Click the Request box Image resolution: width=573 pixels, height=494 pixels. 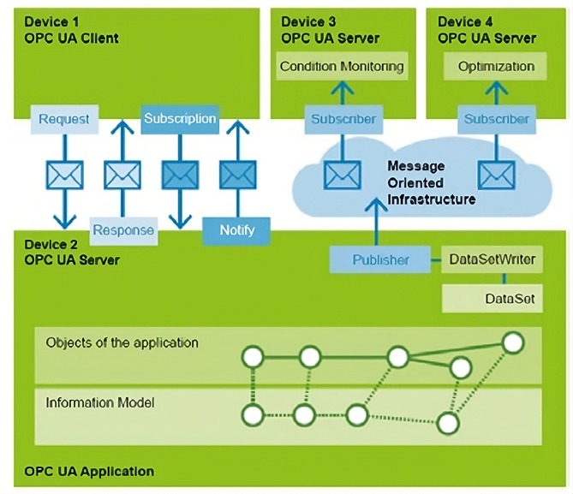(63, 119)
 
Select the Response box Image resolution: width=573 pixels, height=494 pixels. (123, 229)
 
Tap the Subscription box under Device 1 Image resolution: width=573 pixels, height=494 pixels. (180, 118)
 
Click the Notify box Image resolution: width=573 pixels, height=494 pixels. (237, 229)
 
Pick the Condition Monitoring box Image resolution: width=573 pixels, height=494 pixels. (342, 66)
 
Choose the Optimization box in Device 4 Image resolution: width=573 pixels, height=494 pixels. (496, 66)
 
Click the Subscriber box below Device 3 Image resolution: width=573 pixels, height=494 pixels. (343, 119)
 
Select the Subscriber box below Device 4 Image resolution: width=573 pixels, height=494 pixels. (496, 119)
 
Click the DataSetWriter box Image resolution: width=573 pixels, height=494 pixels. (480, 259)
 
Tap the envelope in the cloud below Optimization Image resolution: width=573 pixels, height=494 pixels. (496, 175)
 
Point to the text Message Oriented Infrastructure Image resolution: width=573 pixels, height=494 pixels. (431, 182)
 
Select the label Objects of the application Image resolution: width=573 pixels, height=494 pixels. (122, 342)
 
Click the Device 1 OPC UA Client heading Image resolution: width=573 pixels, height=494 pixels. (72, 30)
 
